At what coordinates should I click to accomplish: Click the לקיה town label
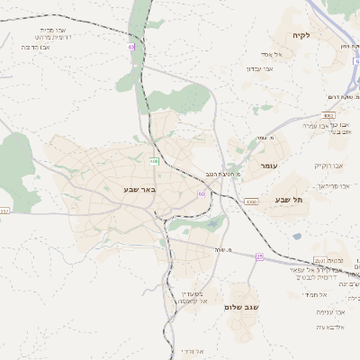click(x=300, y=36)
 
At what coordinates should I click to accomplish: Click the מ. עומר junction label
click(x=265, y=138)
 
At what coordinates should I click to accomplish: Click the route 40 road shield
click(x=130, y=47)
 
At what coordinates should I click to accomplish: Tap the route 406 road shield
click(x=155, y=161)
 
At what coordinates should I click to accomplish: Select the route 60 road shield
click(x=202, y=193)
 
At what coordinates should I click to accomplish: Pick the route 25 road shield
click(x=259, y=256)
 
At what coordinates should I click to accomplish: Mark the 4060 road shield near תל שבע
click(x=250, y=202)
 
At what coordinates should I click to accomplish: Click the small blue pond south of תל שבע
click(x=297, y=237)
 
